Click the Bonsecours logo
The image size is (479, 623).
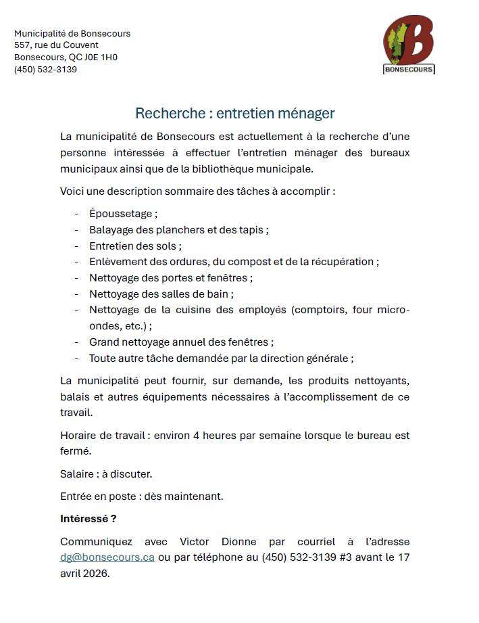point(409,45)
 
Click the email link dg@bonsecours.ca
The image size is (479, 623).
point(107,557)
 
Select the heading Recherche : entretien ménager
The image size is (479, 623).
point(234,113)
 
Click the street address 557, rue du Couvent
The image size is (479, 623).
point(47,45)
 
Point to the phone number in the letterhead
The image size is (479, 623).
point(45,69)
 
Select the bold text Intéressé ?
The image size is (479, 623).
point(88,519)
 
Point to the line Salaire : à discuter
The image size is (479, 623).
point(106,474)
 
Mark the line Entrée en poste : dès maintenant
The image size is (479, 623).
point(141,497)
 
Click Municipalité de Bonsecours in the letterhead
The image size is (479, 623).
point(72,33)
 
